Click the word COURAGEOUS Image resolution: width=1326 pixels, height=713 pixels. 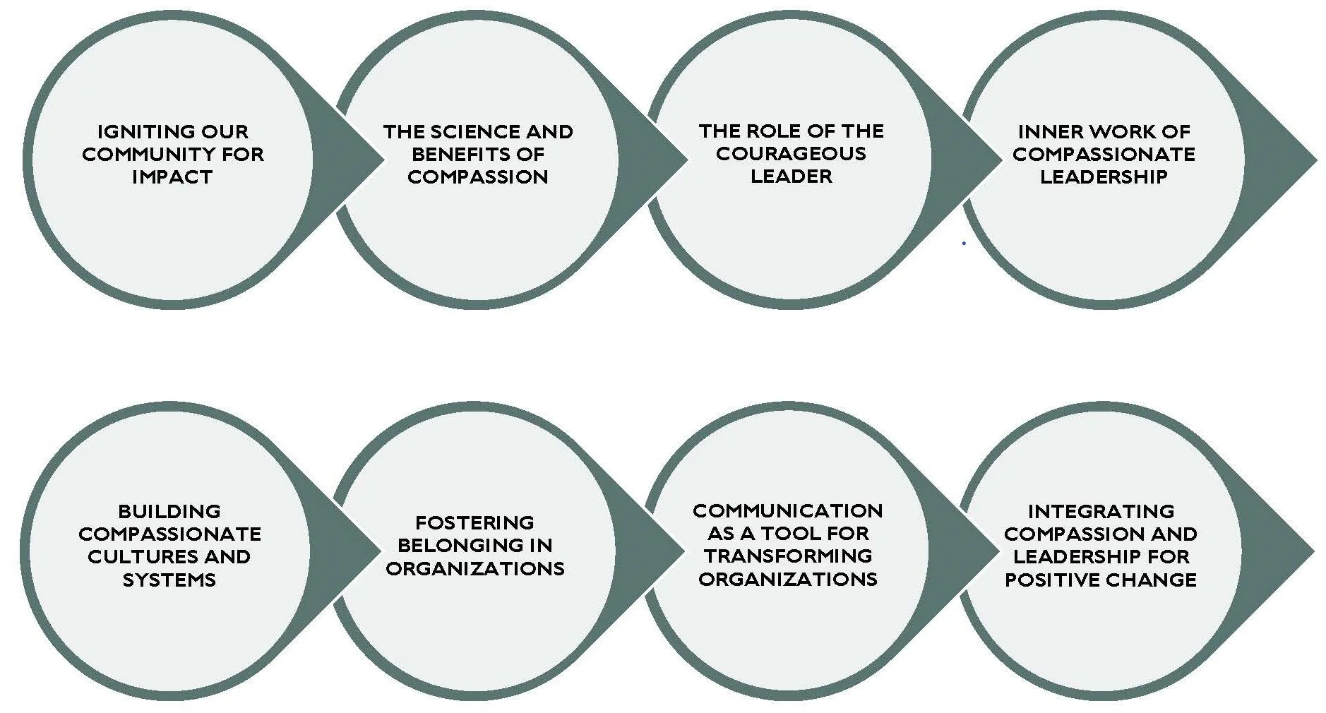791,154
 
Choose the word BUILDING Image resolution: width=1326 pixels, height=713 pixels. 169,511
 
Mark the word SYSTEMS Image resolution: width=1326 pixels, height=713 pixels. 169,580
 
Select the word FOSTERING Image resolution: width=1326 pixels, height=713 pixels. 474,522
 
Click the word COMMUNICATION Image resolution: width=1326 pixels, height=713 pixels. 787,510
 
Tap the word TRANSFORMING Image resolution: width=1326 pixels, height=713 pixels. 787,556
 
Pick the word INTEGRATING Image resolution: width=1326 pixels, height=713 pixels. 1101,511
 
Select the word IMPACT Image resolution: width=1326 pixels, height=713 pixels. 172,177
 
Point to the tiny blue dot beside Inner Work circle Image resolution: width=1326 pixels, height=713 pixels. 964,243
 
